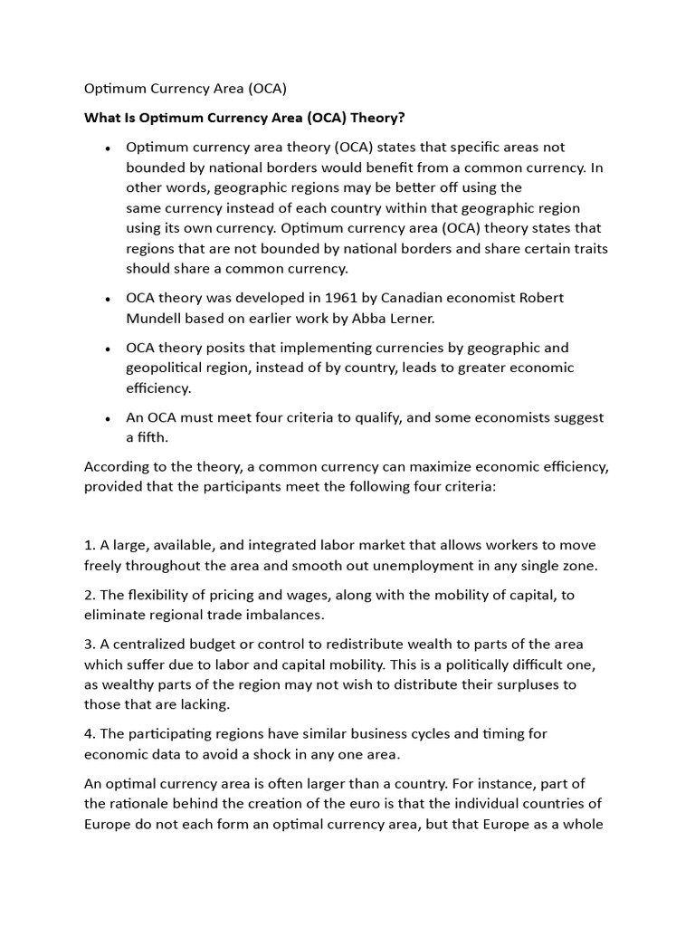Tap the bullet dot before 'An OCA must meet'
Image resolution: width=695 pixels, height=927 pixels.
(x=108, y=418)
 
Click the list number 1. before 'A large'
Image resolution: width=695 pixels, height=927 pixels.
(x=90, y=545)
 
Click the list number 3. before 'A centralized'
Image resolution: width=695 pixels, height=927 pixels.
(x=90, y=645)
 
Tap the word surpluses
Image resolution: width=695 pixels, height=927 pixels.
(x=515, y=684)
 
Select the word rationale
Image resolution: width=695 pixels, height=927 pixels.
(x=143, y=803)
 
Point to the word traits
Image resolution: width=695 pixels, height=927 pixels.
(x=588, y=248)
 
